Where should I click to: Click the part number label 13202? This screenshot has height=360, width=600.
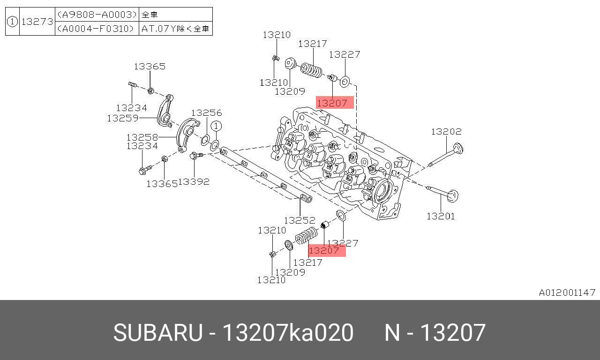[x=446, y=132]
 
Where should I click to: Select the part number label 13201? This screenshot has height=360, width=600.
[x=440, y=216]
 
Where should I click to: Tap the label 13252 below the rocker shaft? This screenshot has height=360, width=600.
[x=300, y=220]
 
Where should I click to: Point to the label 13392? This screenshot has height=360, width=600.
[x=194, y=181]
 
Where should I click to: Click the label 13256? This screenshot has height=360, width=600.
[x=206, y=113]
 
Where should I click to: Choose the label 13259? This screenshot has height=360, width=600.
[x=122, y=118]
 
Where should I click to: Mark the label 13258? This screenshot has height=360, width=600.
[x=142, y=137]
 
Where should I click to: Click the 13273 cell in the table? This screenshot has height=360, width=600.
[x=37, y=21]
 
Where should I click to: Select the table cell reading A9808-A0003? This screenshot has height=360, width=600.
[x=97, y=15]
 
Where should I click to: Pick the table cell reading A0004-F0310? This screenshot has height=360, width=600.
[x=97, y=29]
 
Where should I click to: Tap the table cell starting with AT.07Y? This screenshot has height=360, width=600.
[x=175, y=29]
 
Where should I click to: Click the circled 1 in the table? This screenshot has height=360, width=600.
[x=12, y=21]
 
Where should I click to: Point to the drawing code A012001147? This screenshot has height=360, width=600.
[x=567, y=292]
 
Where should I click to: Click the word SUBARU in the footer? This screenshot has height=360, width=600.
[x=157, y=333]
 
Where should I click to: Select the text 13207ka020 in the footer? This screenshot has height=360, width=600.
[x=288, y=333]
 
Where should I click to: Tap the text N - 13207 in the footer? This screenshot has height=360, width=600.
[x=435, y=333]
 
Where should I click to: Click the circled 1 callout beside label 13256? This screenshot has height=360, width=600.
[x=216, y=126]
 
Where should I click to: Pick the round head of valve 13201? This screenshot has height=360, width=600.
[x=453, y=195]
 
